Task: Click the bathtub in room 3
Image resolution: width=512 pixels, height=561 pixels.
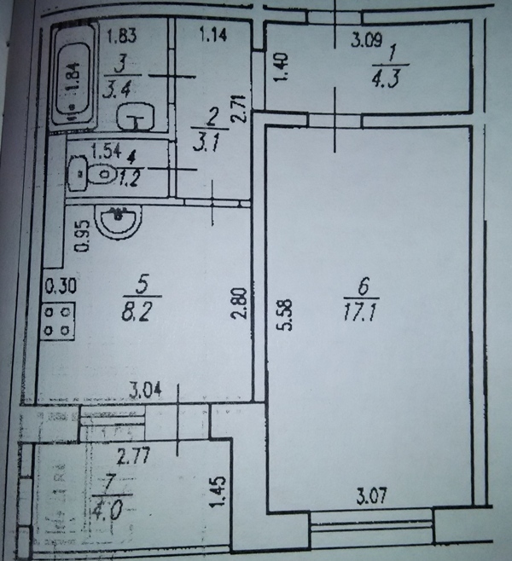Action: pyautogui.click(x=73, y=78)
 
